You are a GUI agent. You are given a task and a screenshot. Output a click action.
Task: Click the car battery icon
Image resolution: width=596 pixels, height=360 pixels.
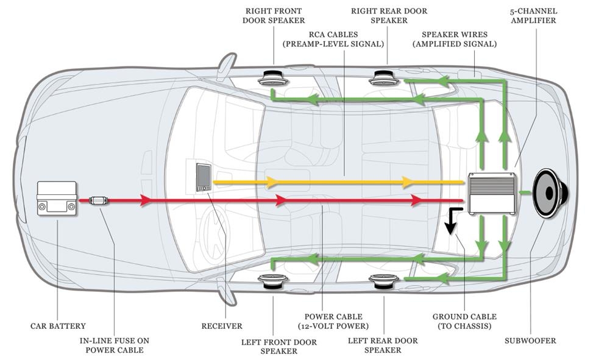click(57, 198)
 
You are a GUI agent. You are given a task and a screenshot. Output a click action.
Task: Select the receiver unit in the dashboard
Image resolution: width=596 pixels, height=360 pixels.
click(203, 177)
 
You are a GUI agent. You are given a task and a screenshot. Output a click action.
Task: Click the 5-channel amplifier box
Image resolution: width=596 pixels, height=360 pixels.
click(491, 193)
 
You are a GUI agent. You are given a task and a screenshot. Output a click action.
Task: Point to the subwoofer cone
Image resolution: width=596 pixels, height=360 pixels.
click(550, 193)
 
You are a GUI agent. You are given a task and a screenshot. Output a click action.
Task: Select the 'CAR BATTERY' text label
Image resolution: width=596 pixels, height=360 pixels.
click(58, 326)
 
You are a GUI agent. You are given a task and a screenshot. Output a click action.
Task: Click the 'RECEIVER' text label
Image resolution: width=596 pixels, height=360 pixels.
click(222, 326)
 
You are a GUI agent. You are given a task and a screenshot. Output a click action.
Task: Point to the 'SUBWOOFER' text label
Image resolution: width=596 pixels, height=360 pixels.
click(530, 341)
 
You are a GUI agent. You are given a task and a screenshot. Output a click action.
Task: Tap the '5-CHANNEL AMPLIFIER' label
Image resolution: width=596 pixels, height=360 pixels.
click(532, 16)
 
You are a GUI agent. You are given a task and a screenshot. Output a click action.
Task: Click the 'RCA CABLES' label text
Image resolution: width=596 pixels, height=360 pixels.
click(333, 39)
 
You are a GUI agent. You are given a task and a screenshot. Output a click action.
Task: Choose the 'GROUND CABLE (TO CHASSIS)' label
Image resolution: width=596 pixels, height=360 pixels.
click(464, 322)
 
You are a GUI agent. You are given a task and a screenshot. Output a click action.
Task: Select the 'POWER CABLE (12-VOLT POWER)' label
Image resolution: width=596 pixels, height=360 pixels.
click(333, 322)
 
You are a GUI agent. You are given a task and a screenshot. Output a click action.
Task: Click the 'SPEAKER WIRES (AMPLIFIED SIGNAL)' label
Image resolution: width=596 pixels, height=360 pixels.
click(454, 39)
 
